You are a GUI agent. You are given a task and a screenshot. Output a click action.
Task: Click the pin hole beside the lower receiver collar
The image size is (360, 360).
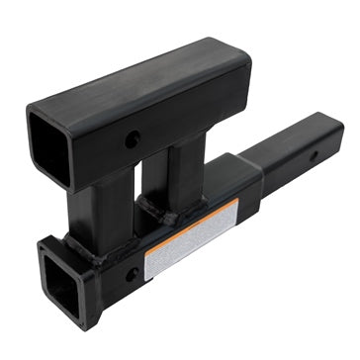pyautogui.click(x=132, y=273)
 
